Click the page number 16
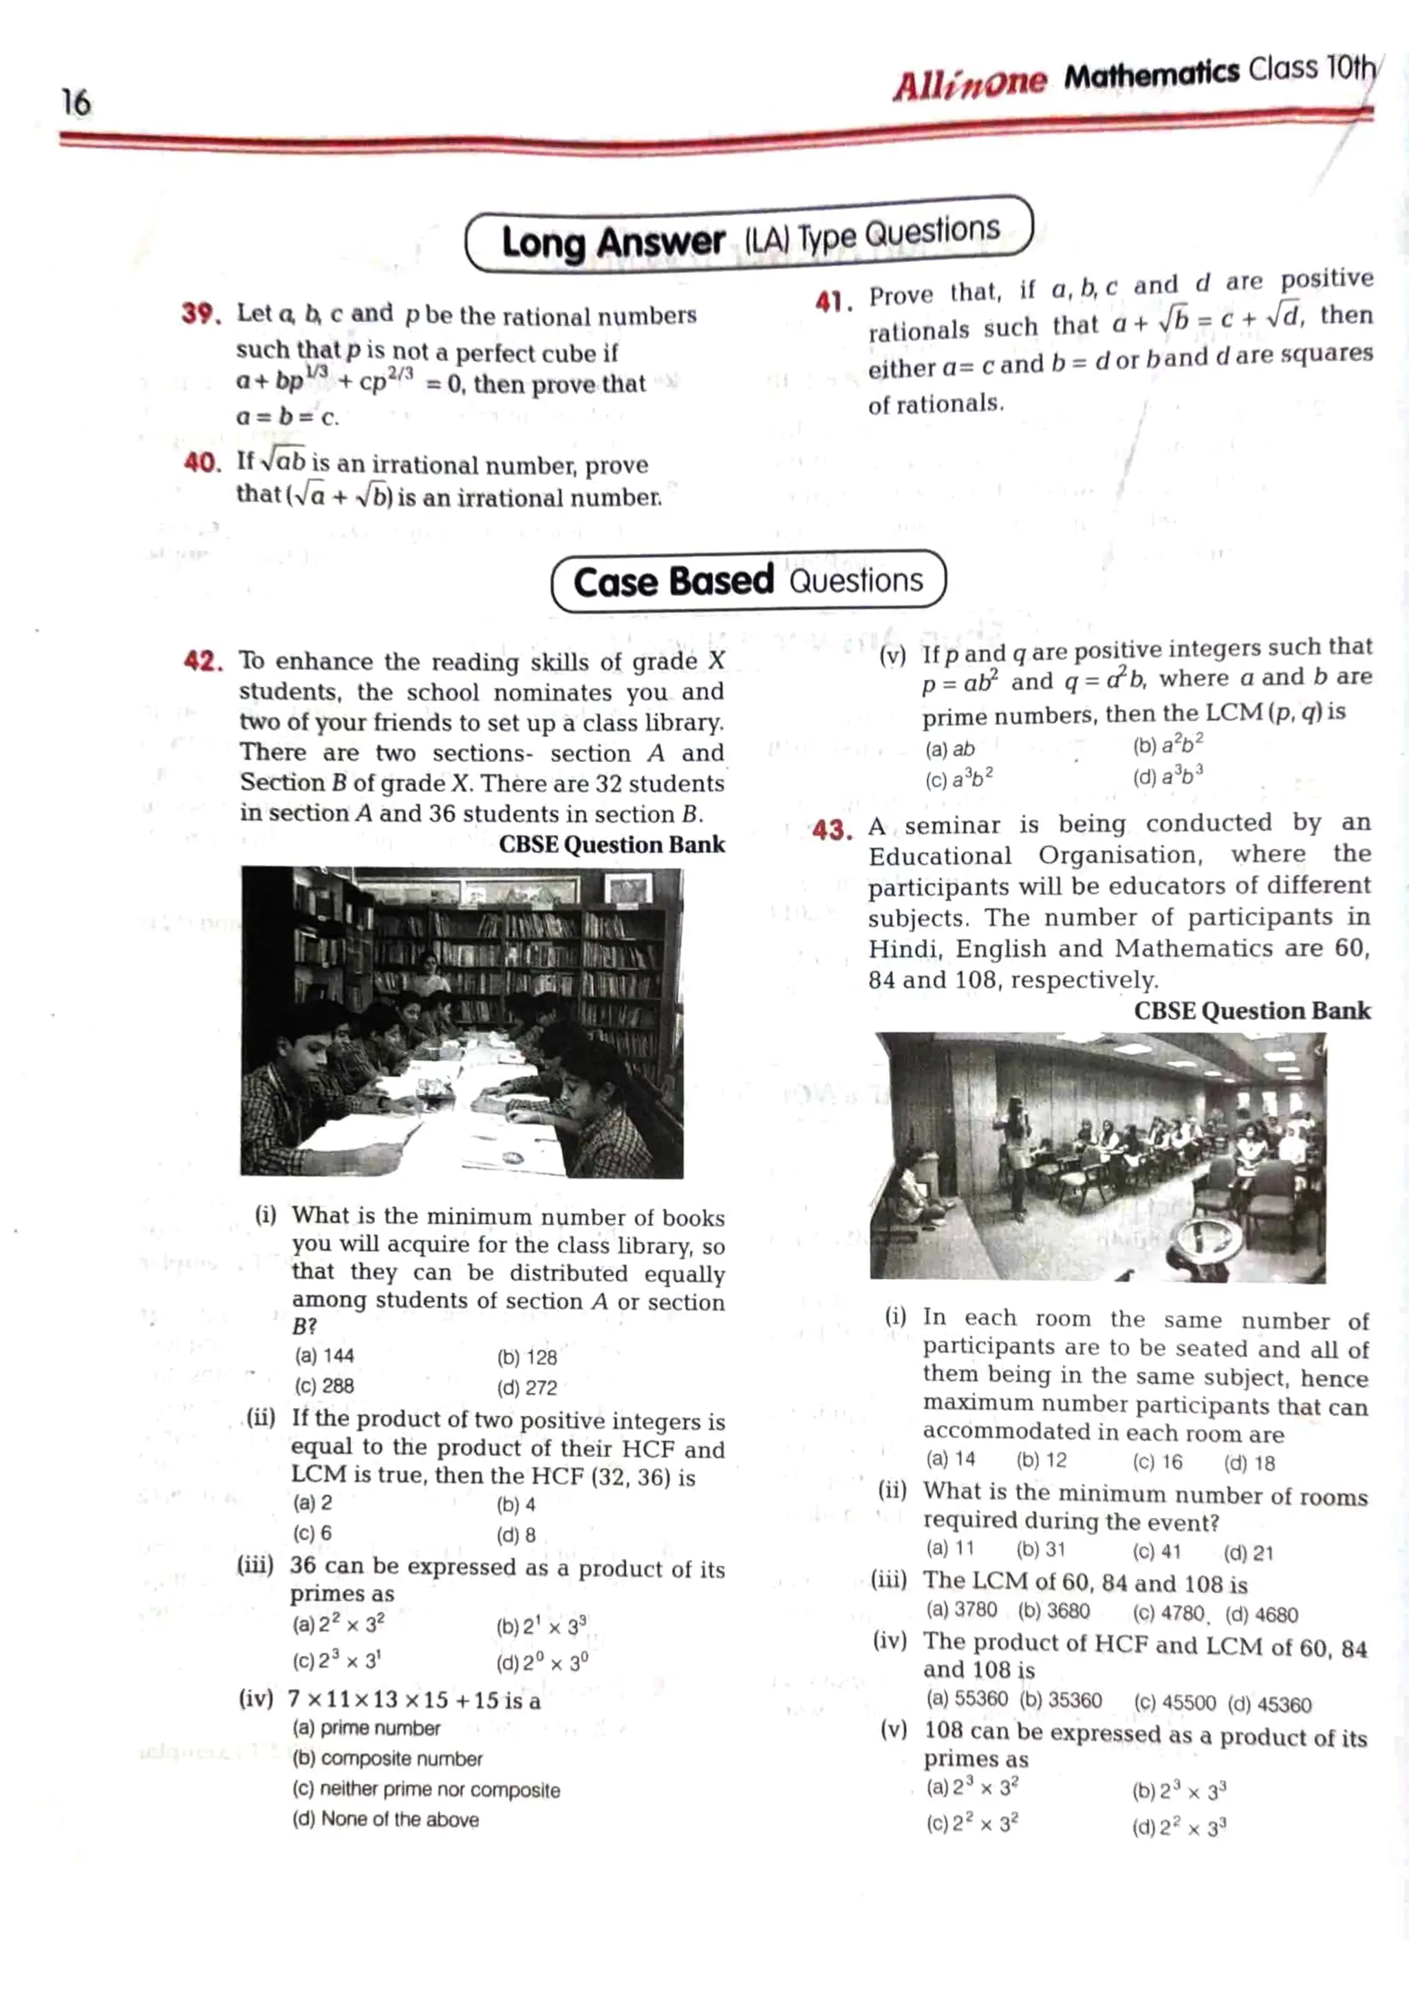76,102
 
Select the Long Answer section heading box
749,235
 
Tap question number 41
832,302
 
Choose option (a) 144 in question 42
325,1356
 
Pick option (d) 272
527,1387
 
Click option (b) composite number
387,1758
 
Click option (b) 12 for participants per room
1041,1460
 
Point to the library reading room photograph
462,1022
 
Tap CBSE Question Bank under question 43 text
1252,1010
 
